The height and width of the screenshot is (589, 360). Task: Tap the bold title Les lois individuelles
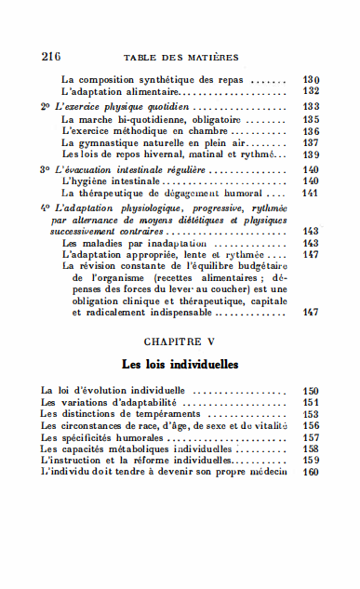coord(181,363)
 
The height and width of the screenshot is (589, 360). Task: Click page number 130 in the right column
coord(312,79)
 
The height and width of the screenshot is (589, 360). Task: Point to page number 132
coord(312,91)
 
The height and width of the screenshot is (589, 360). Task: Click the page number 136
coord(312,131)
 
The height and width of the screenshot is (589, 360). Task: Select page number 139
coord(312,154)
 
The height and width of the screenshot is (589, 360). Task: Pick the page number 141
coord(312,193)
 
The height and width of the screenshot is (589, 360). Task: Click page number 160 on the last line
coord(312,471)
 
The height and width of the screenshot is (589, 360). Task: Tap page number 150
coord(312,391)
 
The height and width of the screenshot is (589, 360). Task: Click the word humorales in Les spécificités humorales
coord(147,437)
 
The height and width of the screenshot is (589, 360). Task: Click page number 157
coord(312,437)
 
